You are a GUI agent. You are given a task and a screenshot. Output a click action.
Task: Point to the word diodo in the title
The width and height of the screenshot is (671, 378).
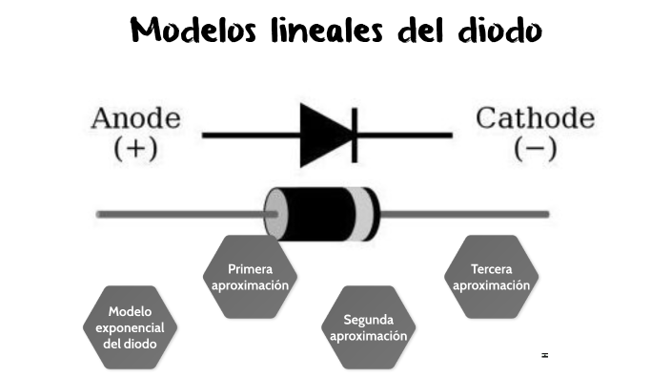tap(496, 31)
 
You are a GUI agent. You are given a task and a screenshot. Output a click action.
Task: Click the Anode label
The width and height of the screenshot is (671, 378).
tap(135, 119)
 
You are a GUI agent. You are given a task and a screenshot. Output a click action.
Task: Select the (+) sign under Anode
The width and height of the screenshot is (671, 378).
tap(135, 149)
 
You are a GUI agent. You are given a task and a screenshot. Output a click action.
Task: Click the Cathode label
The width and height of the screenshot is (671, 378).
tap(535, 119)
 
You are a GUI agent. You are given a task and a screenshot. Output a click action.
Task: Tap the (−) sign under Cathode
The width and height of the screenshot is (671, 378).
tap(535, 149)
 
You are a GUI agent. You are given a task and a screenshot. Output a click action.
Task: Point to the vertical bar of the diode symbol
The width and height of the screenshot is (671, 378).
tap(355, 135)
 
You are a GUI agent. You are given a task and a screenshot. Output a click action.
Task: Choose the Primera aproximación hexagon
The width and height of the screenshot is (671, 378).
tap(251, 277)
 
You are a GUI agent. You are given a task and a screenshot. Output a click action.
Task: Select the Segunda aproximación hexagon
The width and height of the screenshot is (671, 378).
tap(369, 327)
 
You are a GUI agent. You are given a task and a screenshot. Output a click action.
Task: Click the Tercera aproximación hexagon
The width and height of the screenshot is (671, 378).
tap(492, 277)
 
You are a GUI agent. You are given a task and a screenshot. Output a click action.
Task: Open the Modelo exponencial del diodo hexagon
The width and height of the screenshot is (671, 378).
tap(131, 327)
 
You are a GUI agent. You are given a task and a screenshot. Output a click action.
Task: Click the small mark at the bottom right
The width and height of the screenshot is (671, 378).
tap(544, 355)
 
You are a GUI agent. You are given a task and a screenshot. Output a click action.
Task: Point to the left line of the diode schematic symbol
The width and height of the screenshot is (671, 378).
tap(250, 135)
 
